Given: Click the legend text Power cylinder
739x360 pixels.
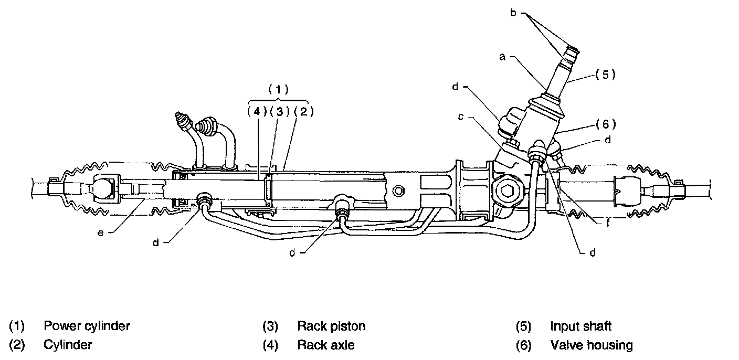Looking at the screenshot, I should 87,326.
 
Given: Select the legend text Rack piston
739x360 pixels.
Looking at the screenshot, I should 331,326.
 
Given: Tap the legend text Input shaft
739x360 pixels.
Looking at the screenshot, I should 580,326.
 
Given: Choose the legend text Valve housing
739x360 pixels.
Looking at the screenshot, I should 591,345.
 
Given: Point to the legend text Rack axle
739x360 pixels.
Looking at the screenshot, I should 325,345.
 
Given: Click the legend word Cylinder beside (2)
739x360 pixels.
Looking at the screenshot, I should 68,345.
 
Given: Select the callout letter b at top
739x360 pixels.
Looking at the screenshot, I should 514,11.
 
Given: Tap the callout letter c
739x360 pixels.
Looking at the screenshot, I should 460,117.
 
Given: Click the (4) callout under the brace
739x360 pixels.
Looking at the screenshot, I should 257,111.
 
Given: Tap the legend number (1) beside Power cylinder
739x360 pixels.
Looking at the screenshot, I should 17,326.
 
